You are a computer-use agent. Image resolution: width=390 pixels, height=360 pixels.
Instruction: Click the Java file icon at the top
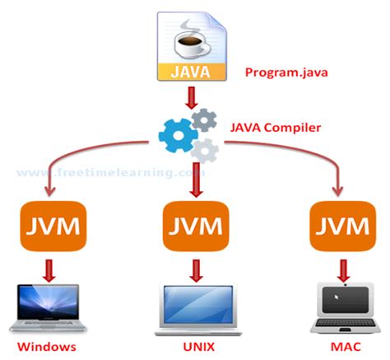click(195, 46)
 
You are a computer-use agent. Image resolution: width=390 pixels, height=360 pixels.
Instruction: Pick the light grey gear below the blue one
click(203, 149)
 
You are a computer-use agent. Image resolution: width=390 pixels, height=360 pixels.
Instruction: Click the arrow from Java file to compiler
click(195, 98)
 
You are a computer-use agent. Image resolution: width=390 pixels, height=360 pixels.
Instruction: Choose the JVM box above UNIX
click(195, 226)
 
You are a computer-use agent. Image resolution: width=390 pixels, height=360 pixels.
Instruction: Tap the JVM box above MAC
click(341, 226)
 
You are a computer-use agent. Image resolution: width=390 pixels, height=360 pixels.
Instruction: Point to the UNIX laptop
click(195, 306)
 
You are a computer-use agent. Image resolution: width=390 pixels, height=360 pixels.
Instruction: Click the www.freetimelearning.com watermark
click(107, 173)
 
